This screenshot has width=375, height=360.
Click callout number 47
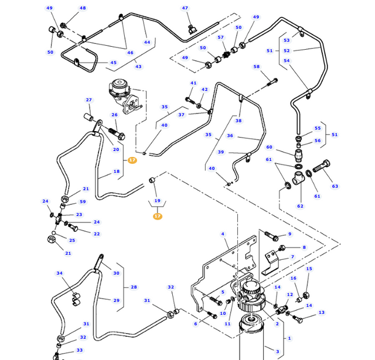[185, 8]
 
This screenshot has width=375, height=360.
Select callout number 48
[83, 8]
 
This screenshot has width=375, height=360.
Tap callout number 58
[256, 67]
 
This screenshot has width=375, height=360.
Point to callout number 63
[335, 186]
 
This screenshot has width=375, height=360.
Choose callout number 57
[221, 37]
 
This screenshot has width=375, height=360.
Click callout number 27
[89, 100]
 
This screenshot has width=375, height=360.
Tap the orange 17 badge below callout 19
[157, 217]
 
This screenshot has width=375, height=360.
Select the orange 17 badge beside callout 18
[132, 160]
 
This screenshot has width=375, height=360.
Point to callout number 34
[59, 273]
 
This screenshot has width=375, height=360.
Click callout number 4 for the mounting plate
[223, 234]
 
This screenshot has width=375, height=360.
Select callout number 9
[290, 234]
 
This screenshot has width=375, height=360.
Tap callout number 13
[322, 313]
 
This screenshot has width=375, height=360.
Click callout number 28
[134, 287]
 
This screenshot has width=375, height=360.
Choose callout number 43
[138, 67]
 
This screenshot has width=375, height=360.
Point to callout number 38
[238, 121]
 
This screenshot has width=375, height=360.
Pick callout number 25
[72, 240]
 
